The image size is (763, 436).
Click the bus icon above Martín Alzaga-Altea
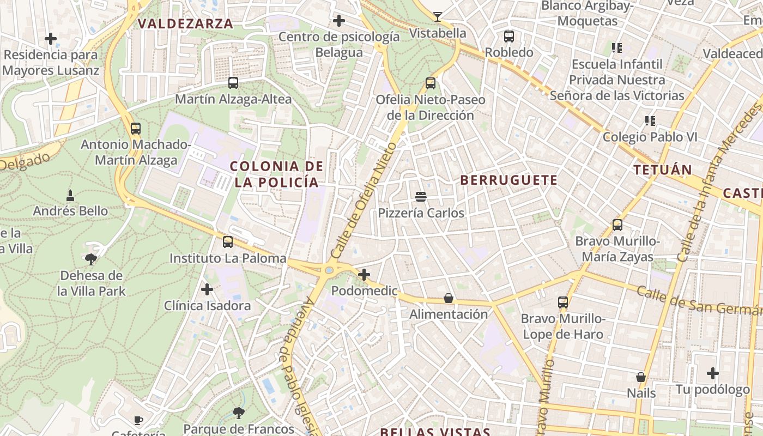point(233,83)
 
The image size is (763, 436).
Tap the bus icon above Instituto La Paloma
point(228,242)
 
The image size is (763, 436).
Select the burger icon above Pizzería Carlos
point(420,196)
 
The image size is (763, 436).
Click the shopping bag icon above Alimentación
point(448,298)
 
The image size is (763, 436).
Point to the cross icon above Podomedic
point(364,275)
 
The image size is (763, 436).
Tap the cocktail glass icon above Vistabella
point(437,17)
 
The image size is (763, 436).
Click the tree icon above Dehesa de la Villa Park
point(91,259)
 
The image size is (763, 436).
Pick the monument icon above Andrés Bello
point(70,195)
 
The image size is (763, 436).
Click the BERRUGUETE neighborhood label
point(509,180)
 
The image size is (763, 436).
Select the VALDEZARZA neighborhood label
point(185,23)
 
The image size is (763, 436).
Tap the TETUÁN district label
point(663,169)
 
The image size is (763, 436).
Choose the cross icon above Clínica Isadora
point(207,289)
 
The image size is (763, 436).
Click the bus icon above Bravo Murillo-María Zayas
point(617,225)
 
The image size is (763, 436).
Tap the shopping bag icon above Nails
point(641,377)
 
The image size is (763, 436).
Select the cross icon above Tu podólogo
point(713,373)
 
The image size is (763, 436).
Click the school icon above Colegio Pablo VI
point(650,120)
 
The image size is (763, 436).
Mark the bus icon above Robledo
point(509,37)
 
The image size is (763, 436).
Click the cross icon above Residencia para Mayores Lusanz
point(51,39)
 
